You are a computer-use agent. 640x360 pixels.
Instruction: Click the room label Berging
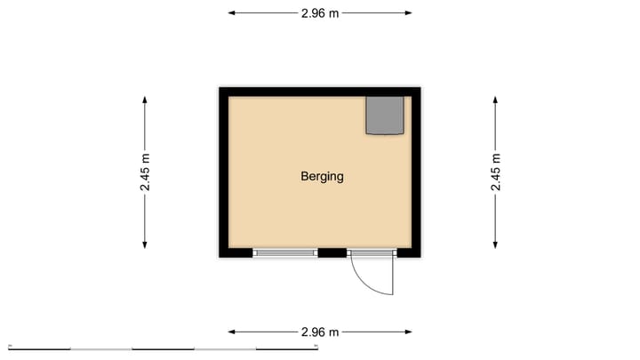coord(322,176)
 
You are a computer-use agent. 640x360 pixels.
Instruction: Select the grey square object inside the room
coord(386,116)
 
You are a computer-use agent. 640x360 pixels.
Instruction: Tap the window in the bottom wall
coord(285,253)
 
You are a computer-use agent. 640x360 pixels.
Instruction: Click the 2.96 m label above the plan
coord(320,13)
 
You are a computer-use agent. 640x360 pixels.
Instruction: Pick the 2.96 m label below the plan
coord(320,332)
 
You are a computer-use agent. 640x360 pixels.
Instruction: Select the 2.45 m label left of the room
coord(145,173)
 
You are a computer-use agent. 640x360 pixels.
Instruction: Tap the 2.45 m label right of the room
coord(496,173)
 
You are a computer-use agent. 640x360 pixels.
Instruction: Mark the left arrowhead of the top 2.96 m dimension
coord(232,13)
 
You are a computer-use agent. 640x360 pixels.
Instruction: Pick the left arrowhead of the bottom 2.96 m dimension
coord(232,332)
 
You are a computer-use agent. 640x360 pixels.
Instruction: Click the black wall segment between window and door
coord(332,253)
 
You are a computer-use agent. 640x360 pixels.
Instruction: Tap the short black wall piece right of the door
coord(408,253)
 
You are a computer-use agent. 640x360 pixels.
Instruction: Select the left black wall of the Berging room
coord(224,173)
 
